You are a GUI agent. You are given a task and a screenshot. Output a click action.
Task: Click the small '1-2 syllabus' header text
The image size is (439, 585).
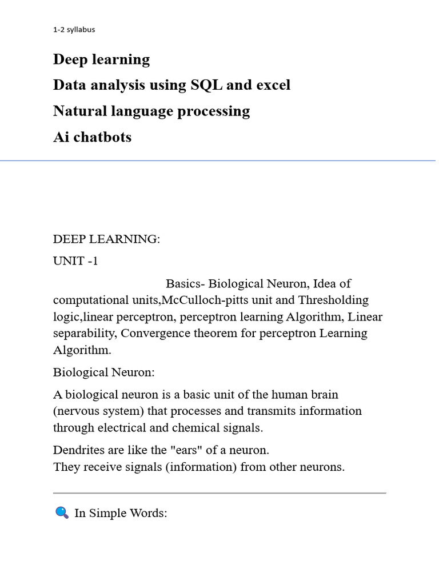74,30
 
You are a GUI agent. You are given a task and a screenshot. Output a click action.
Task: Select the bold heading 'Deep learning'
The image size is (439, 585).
101,59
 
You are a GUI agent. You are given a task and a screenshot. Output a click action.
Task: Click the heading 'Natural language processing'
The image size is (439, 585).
151,111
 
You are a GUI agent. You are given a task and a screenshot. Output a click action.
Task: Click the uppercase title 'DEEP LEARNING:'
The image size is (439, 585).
106,239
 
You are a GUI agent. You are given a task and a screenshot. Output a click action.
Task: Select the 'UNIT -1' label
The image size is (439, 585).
75,262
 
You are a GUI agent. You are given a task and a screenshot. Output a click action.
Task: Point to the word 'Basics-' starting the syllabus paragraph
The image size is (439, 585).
185,284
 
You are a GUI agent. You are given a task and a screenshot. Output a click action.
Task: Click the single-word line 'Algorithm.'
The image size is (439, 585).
82,350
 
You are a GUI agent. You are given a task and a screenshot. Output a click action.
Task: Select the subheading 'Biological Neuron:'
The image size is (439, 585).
104,372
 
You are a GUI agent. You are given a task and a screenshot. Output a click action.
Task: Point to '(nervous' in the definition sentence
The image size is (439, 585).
77,411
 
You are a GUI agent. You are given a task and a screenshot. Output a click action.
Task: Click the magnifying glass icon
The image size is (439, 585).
62,512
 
